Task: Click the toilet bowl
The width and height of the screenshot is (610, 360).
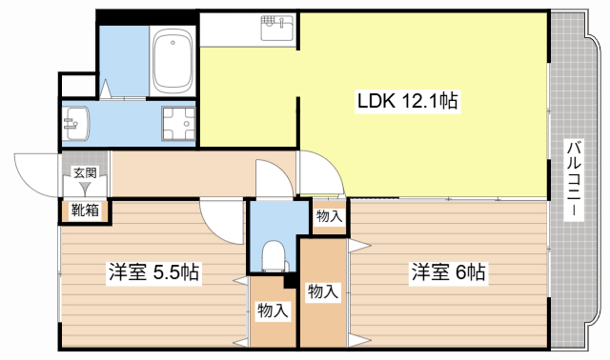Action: (274, 256)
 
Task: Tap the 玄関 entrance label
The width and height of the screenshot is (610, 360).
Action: (84, 173)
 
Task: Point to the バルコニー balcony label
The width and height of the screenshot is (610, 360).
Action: (574, 180)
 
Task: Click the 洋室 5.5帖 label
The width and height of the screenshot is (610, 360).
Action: (152, 272)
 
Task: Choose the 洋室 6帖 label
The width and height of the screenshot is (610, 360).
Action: (448, 272)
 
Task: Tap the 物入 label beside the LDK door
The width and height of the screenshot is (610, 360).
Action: (330, 216)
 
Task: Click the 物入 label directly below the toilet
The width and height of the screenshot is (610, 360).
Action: (273, 310)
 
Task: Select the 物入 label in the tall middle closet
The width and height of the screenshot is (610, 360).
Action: (322, 292)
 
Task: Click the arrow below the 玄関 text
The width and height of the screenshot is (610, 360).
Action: (84, 190)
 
